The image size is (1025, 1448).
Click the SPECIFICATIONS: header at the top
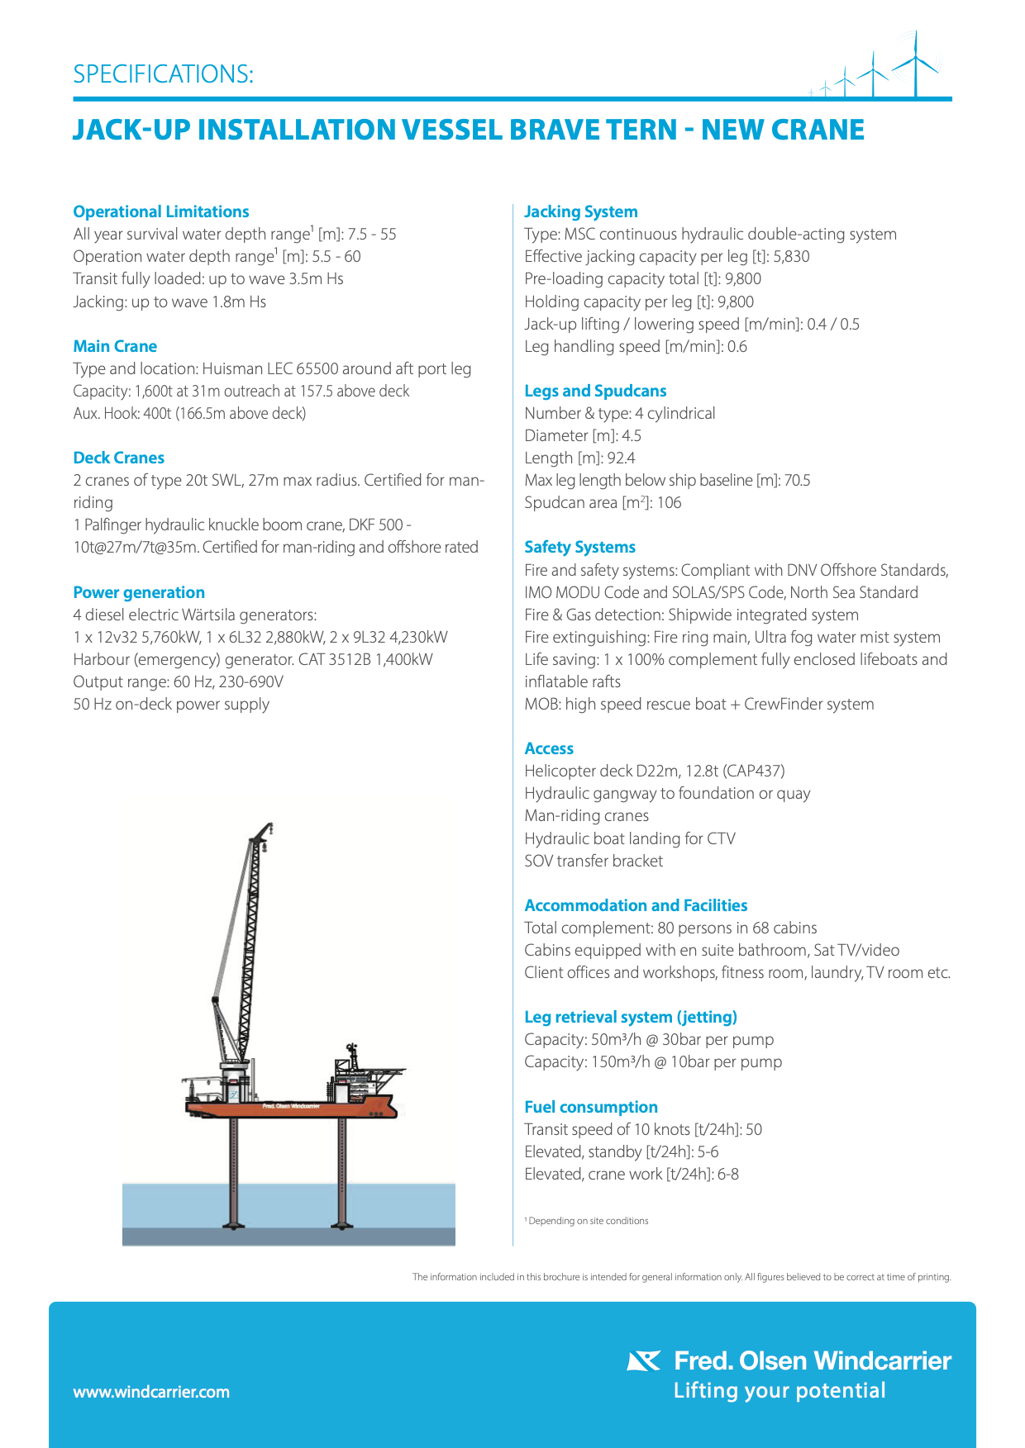click(x=163, y=74)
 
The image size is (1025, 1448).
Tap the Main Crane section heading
click(x=115, y=346)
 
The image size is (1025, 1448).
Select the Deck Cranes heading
click(x=118, y=458)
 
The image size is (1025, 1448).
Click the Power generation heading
click(x=139, y=592)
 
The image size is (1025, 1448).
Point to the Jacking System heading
click(x=580, y=211)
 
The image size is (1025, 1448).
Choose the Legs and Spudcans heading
click(x=595, y=391)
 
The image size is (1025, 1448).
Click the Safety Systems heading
click(x=579, y=547)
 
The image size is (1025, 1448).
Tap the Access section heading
click(x=549, y=748)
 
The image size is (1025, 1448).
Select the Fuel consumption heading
click(x=591, y=1107)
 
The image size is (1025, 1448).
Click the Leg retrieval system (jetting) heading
click(x=631, y=1017)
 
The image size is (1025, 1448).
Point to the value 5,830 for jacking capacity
click(x=791, y=257)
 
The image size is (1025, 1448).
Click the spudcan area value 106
click(x=669, y=503)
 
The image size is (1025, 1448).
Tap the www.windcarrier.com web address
click(x=151, y=1392)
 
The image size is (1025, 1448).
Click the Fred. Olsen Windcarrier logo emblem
click(x=644, y=1360)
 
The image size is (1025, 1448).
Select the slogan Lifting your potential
click(x=779, y=1391)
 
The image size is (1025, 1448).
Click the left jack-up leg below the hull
click(x=233, y=1173)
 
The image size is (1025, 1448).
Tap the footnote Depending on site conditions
click(x=588, y=1221)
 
